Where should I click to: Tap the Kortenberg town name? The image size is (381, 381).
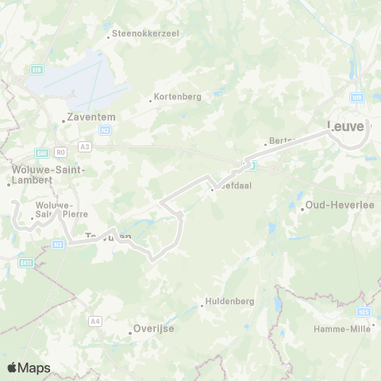(x=179, y=97)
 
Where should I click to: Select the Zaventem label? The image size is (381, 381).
(x=92, y=117)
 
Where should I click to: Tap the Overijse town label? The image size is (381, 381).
(x=154, y=328)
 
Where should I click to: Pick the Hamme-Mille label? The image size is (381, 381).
(x=342, y=329)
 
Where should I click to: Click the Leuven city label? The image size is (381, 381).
(x=348, y=125)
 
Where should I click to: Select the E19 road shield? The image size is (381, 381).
(x=37, y=70)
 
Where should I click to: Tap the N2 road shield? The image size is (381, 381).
(x=105, y=129)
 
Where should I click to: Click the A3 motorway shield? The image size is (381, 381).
(x=85, y=147)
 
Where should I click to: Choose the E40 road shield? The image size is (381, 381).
(x=42, y=152)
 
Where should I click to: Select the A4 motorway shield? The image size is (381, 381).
(x=95, y=321)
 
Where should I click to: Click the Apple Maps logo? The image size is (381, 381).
(x=29, y=368)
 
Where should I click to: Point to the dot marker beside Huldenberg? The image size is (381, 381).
(x=202, y=306)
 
